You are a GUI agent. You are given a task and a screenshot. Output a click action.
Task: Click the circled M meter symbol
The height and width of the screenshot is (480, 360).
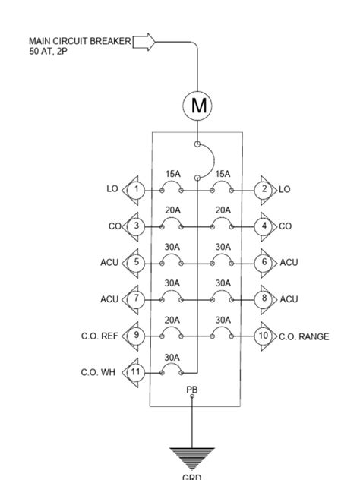[x=198, y=106]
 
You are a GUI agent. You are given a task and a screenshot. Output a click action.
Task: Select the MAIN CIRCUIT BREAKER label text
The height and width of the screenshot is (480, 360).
[x=79, y=40]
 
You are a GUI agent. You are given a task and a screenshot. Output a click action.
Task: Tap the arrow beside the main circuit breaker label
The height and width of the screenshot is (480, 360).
[x=144, y=42]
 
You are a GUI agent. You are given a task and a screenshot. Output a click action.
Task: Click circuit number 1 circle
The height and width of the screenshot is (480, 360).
[x=136, y=189]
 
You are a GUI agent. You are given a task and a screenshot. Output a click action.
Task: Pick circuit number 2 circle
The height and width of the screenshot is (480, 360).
[x=264, y=189]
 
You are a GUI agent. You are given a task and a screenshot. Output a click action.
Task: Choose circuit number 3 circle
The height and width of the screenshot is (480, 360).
[x=136, y=226]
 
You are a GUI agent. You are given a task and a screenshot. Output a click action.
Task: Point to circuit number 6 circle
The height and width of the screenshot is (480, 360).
[x=264, y=262]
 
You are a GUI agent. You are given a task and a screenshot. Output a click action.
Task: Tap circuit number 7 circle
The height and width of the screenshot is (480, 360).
[x=136, y=298]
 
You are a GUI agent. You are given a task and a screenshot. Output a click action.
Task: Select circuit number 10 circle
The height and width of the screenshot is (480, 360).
[x=264, y=336]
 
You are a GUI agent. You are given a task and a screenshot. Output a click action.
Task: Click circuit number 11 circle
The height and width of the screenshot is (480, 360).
[x=136, y=372]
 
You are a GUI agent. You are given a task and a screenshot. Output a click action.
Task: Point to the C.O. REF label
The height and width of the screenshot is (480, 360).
[x=99, y=336]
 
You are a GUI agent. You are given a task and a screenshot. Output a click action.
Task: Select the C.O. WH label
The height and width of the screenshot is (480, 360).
[x=97, y=372]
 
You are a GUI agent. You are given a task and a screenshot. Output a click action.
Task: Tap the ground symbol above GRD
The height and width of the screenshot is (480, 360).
[x=191, y=457]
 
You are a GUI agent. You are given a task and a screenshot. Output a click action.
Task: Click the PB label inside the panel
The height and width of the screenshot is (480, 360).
[x=192, y=390]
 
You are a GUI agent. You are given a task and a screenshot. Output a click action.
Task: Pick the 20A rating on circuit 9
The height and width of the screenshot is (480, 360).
[x=172, y=321]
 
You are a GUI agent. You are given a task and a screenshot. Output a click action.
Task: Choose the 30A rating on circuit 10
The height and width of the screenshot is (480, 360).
[x=223, y=321]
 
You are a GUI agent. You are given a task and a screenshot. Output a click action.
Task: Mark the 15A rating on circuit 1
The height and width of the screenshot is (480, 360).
[x=172, y=174]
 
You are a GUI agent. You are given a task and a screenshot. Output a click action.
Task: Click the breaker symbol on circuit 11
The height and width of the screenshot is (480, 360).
[x=172, y=371]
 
